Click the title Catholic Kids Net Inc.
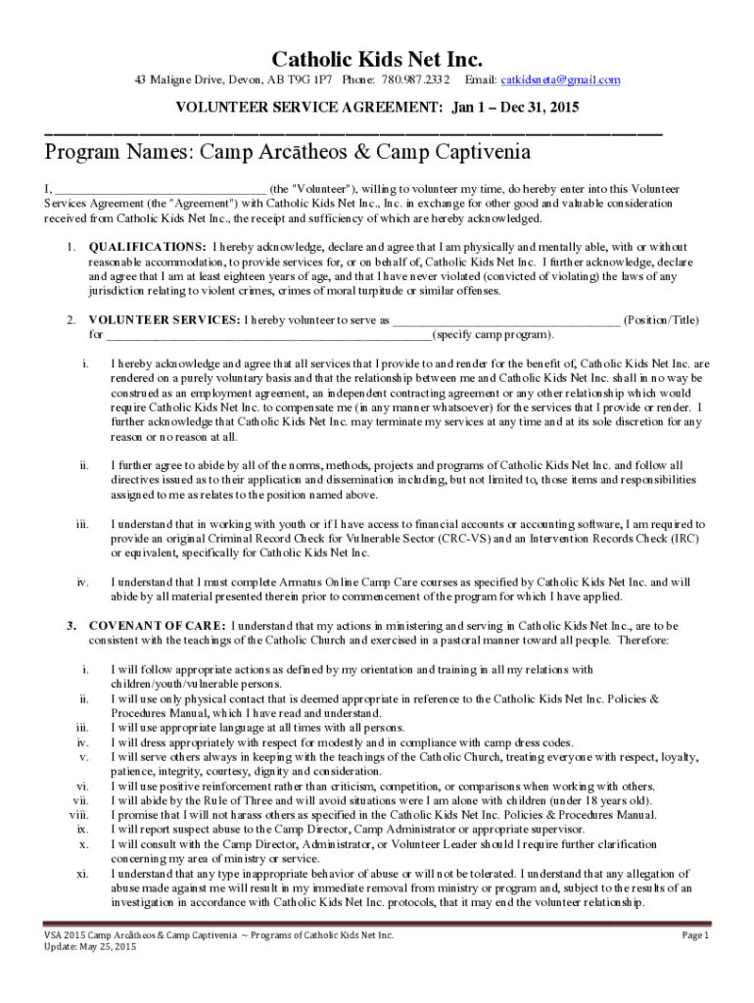[377, 58]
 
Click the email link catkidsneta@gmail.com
[561, 80]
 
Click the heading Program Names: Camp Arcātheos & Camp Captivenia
[288, 153]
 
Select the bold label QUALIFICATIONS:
[148, 247]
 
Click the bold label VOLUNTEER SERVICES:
[165, 320]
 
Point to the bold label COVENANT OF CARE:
[158, 625]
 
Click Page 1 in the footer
[694, 936]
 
